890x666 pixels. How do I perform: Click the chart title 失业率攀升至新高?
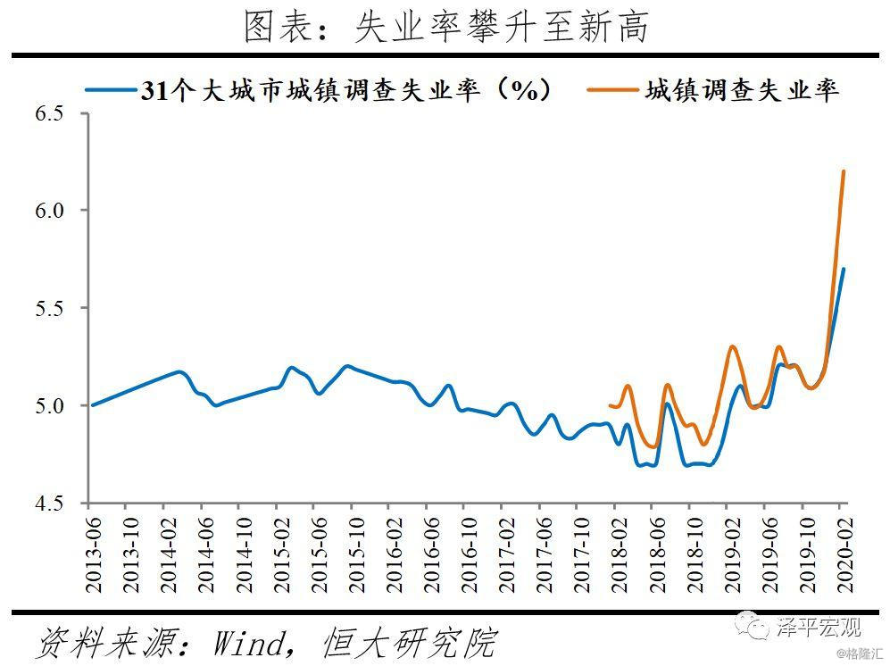pyautogui.click(x=502, y=27)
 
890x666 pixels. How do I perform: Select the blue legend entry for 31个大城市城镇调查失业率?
pyautogui.click(x=318, y=89)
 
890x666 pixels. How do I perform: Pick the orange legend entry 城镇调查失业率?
pyautogui.click(x=713, y=89)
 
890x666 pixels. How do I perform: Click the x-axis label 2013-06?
pyautogui.click(x=93, y=554)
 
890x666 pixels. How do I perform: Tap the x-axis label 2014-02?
pyautogui.click(x=169, y=554)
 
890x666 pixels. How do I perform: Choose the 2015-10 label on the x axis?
pyautogui.click(x=356, y=554)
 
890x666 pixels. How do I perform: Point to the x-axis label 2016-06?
pyautogui.click(x=431, y=554)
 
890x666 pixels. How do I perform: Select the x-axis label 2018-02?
pyautogui.click(x=620, y=554)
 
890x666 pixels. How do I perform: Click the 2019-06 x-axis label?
pyautogui.click(x=769, y=554)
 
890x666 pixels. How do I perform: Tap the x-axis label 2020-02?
pyautogui.click(x=845, y=554)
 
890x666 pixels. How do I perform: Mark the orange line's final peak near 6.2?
pyautogui.click(x=844, y=171)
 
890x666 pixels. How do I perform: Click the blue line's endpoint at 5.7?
pyautogui.click(x=844, y=269)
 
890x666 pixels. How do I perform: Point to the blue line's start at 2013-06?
pyautogui.click(x=93, y=404)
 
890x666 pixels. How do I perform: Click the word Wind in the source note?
pyautogui.click(x=248, y=644)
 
